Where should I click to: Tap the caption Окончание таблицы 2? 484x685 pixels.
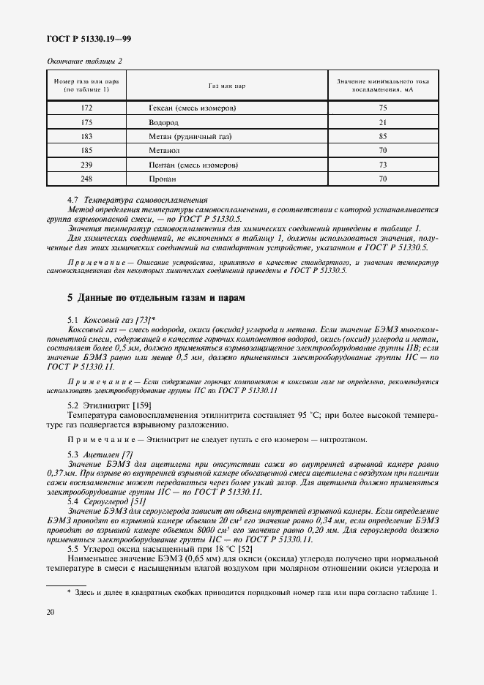coord(84,60)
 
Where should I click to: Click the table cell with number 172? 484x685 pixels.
coord(86,108)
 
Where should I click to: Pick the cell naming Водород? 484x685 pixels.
coord(163,122)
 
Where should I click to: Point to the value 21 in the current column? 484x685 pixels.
coord(382,122)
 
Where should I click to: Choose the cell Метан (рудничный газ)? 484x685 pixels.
coord(187,136)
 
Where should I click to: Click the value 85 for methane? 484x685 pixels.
coord(382,136)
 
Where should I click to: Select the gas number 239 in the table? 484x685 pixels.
coord(86,165)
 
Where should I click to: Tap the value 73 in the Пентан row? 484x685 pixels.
coord(382,165)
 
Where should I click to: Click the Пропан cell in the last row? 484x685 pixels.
coord(162,179)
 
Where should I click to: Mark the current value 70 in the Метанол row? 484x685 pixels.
coord(382,151)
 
